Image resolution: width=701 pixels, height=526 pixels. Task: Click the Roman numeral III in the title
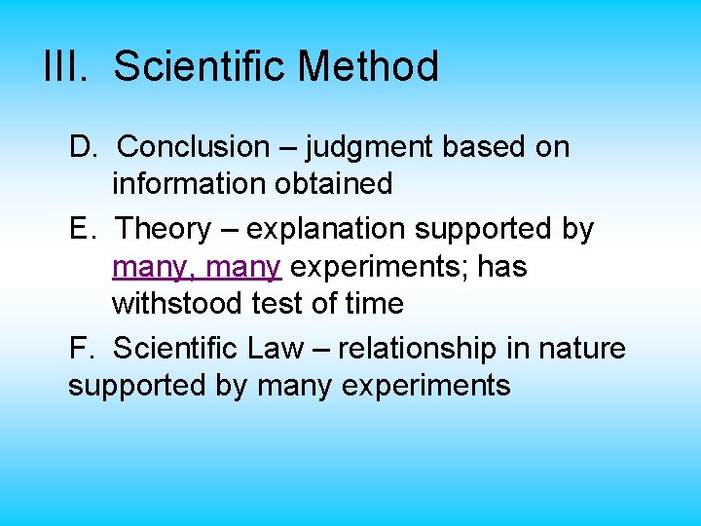tap(66, 67)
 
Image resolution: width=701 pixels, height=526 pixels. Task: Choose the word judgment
tap(369, 148)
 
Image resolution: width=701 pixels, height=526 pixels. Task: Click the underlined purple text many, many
tap(197, 267)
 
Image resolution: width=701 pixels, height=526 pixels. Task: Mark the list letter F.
tap(79, 347)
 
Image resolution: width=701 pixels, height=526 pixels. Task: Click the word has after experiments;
tap(502, 266)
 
